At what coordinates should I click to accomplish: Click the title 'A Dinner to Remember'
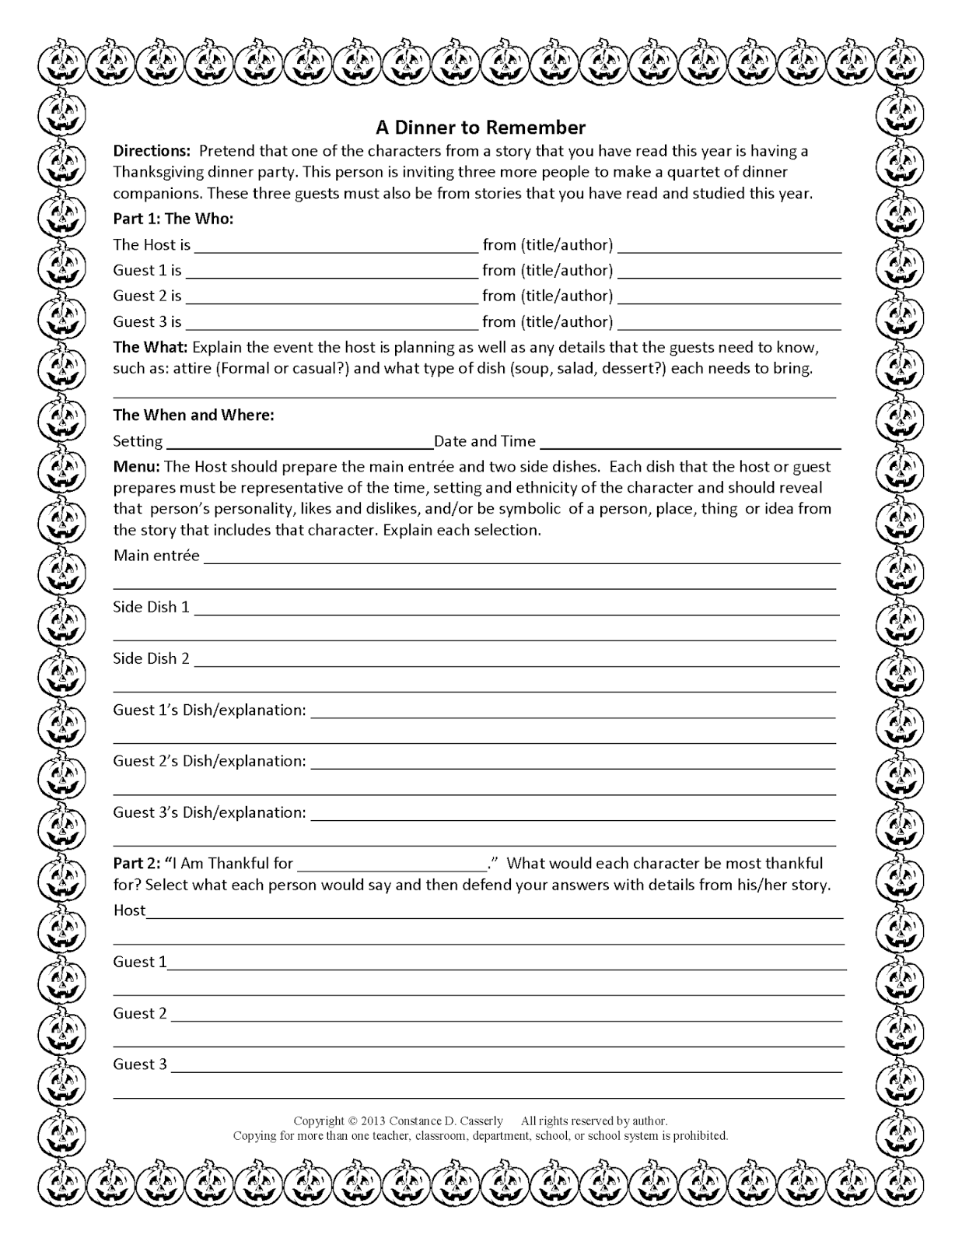coord(481,127)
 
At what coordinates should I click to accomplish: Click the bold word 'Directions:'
coord(152,150)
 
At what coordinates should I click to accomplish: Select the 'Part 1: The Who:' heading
coord(173,219)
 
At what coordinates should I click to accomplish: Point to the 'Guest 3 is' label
coord(147,321)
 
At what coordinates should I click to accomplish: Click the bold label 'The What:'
coord(150,346)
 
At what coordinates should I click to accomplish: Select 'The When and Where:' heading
coord(194,415)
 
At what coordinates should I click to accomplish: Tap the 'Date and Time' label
coord(484,441)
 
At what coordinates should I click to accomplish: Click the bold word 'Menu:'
coord(137,466)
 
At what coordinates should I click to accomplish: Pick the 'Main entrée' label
coord(156,556)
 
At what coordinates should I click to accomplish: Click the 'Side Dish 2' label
coord(151,658)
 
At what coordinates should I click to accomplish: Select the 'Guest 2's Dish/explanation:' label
coord(209,761)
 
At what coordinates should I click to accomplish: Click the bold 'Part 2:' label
coord(137,863)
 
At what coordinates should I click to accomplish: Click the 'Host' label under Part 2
coord(129,910)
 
